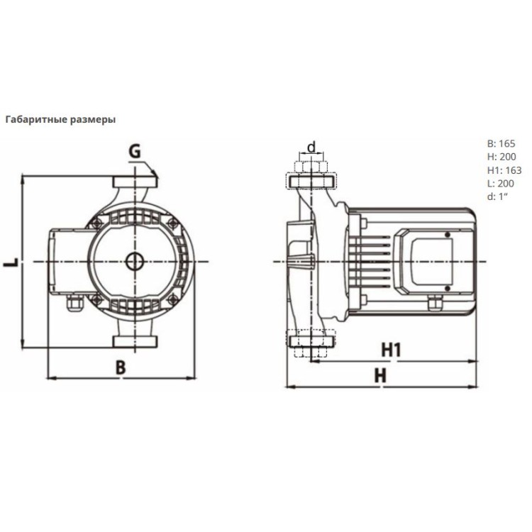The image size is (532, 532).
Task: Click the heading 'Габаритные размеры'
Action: tap(61, 120)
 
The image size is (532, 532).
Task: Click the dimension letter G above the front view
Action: tap(135, 151)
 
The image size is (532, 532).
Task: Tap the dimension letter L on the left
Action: tap(11, 262)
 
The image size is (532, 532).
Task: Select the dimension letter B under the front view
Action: tap(121, 367)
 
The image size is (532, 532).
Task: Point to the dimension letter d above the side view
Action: tap(311, 147)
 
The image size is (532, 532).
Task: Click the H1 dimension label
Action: tap(391, 350)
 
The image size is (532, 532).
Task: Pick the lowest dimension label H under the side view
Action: tap(380, 376)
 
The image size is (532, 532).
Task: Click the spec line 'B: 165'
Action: tap(501, 143)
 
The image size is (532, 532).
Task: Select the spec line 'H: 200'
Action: tap(501, 157)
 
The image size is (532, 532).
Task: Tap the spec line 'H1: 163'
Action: tap(504, 170)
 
